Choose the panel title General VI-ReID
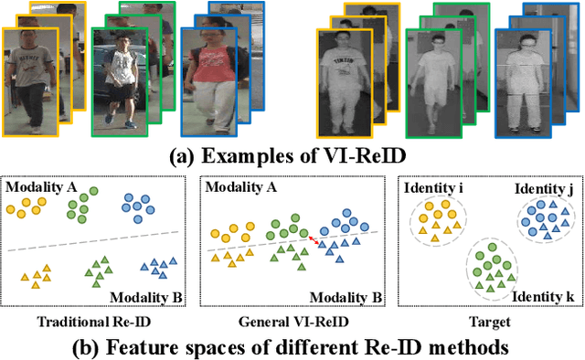(x=290, y=321)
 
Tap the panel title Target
(x=484, y=321)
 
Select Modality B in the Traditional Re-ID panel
(x=145, y=298)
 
